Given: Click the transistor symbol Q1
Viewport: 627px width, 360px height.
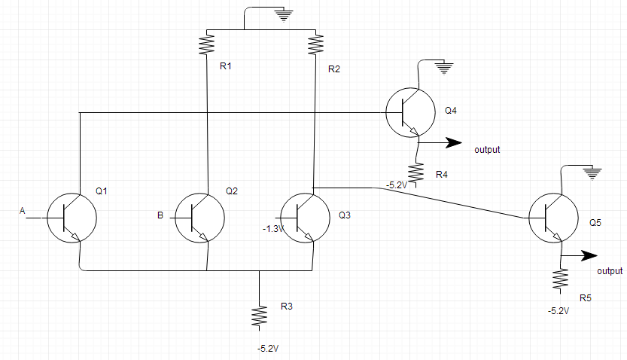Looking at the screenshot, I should pyautogui.click(x=72, y=217).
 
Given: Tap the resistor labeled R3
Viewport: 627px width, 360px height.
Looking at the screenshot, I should pyautogui.click(x=259, y=316).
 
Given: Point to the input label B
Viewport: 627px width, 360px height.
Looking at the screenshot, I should pyautogui.click(x=160, y=216).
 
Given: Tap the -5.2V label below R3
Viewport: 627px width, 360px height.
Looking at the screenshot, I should pyautogui.click(x=267, y=349).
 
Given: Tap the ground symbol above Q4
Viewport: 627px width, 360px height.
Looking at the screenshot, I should pyautogui.click(x=443, y=69).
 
